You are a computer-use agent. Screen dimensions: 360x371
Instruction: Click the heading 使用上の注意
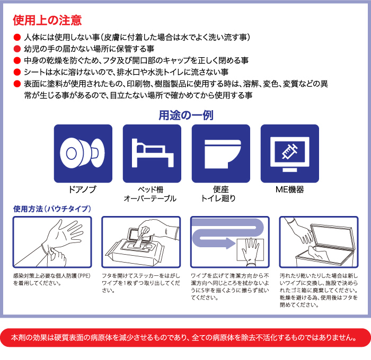pyautogui.click(x=47, y=20)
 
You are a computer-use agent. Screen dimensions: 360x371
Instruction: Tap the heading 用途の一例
pyautogui.click(x=186, y=115)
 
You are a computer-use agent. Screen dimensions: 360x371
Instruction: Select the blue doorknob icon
pyautogui.click(x=83, y=154)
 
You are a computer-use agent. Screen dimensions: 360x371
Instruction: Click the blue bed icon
pyautogui.click(x=152, y=154)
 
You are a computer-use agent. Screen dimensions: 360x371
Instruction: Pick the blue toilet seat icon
pyautogui.click(x=220, y=154)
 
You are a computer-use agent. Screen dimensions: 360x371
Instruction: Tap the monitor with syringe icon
pyautogui.click(x=289, y=154)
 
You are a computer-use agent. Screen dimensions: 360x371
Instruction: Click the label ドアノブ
pyautogui.click(x=83, y=189)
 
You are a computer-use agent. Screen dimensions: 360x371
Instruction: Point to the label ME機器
pyautogui.click(x=289, y=189)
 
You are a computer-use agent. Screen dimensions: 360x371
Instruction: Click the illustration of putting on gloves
pyautogui.click(x=52, y=241)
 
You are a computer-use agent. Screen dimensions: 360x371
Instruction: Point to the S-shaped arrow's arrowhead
pyautogui.click(x=229, y=244)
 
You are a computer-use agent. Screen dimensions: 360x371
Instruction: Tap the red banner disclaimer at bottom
pyautogui.click(x=185, y=337)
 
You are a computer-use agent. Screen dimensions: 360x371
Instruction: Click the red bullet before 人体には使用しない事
pyautogui.click(x=17, y=38)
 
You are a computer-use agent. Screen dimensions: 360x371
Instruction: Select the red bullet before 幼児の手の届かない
pyautogui.click(x=17, y=49)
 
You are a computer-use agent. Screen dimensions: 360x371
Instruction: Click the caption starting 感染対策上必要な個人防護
pyautogui.click(x=51, y=279)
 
